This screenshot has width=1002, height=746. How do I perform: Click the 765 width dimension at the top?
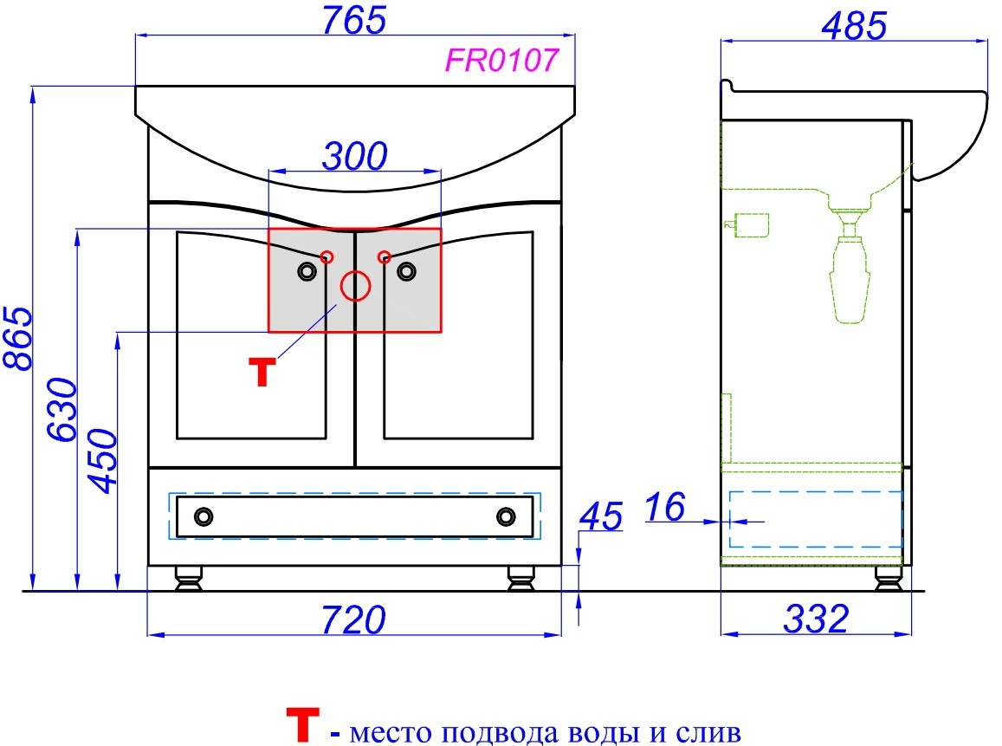click(354, 20)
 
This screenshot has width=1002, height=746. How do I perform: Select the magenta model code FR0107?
click(501, 61)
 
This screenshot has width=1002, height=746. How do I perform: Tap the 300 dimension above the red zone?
click(355, 156)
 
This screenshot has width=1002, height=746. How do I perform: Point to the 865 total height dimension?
click(18, 338)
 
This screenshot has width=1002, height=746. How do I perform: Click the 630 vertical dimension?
click(62, 409)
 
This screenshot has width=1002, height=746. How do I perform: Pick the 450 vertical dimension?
click(103, 461)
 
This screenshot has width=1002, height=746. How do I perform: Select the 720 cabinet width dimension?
click(353, 620)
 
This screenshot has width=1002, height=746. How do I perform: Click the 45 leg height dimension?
click(601, 516)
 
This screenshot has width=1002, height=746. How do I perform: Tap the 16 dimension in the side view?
click(665, 507)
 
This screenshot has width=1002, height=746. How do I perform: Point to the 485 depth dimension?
click(855, 26)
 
